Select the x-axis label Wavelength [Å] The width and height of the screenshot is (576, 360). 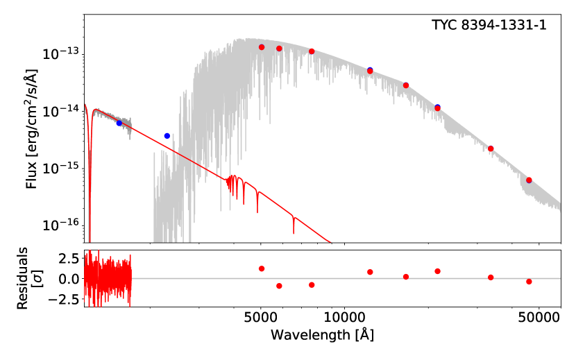[x=323, y=334]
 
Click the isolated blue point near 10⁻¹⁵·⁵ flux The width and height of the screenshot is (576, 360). [x=167, y=136]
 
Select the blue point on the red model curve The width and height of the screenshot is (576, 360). [x=119, y=123]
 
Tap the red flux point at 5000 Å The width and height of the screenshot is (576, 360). [x=262, y=47]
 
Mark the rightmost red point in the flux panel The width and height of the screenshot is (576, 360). [x=529, y=180]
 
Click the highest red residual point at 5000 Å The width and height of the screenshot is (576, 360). [x=262, y=268]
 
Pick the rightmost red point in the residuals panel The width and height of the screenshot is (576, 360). [x=529, y=282]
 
